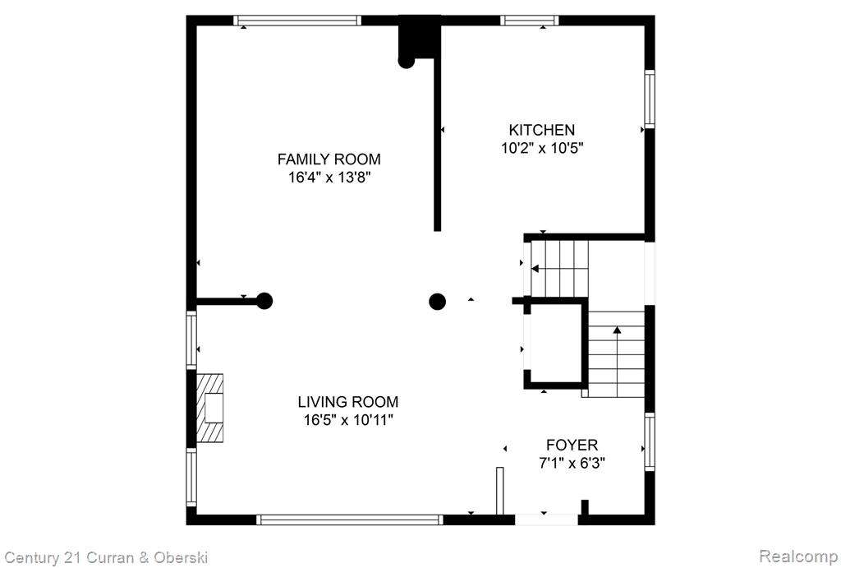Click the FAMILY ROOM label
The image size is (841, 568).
click(329, 159)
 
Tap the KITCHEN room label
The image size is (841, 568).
click(542, 130)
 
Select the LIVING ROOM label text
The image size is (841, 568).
click(348, 402)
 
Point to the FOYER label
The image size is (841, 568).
click(572, 445)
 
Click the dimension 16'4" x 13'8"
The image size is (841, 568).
click(329, 178)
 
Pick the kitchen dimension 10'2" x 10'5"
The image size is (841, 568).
click(542, 148)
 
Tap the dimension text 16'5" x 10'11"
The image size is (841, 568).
click(348, 419)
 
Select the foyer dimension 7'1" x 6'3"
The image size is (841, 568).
click(572, 462)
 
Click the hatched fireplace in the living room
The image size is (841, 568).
click(209, 408)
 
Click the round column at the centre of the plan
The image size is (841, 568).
click(438, 302)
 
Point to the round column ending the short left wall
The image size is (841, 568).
click(264, 301)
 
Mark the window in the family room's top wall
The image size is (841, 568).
click(297, 21)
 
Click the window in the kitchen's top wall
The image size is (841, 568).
click(530, 21)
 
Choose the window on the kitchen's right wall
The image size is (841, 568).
click(650, 99)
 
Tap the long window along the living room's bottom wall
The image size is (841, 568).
click(350, 520)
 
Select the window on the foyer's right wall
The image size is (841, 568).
click(650, 442)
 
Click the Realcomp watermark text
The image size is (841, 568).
click(798, 556)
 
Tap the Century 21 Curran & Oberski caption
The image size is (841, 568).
click(106, 558)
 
